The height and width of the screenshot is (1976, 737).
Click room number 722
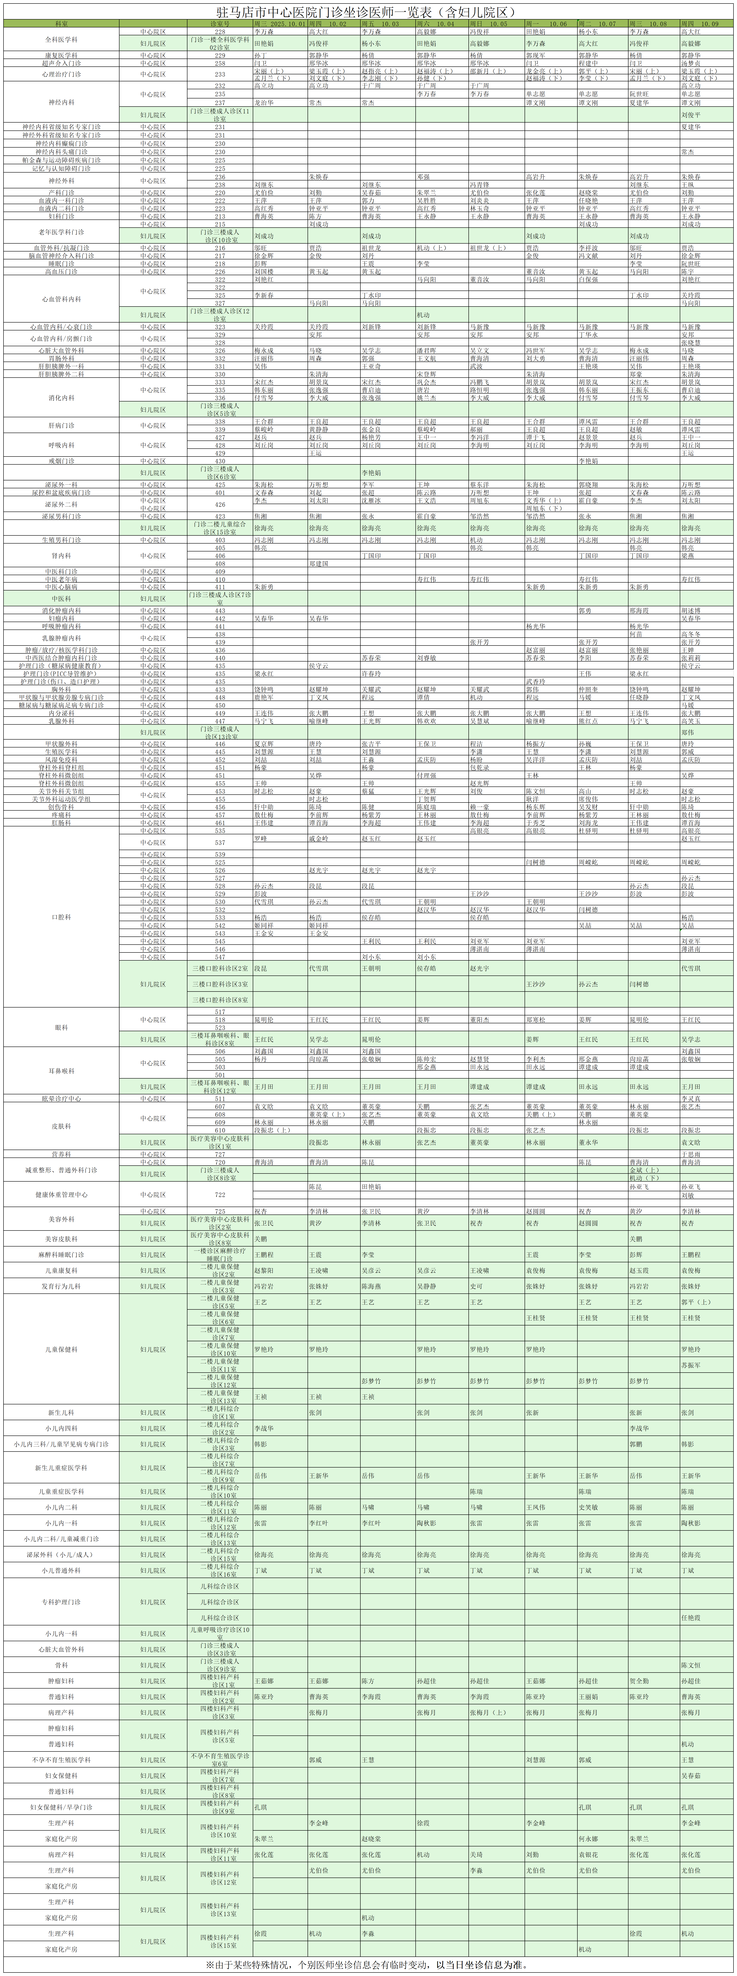click(220, 1194)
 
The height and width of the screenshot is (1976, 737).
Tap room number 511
click(220, 1099)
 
